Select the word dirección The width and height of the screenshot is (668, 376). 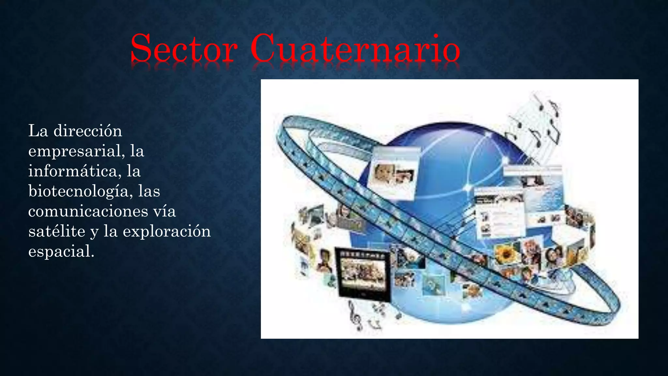(88, 131)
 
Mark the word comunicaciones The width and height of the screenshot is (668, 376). (83, 211)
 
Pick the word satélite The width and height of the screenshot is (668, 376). (57, 232)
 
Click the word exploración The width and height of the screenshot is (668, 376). (167, 232)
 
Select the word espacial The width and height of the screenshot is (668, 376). (61, 252)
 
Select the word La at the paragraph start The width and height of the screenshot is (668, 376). (38, 131)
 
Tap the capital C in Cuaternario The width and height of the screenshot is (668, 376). (265, 48)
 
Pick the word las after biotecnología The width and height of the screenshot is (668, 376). (149, 191)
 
